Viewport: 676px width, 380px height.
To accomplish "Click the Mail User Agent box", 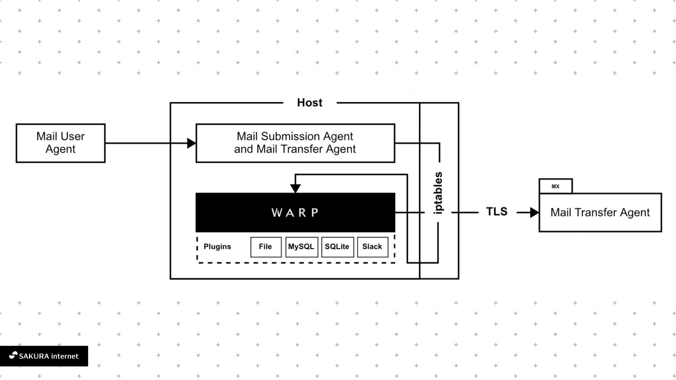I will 61,143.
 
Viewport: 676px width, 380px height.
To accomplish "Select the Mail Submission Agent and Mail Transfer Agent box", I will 295,143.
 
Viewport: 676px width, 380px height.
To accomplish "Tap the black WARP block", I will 295,212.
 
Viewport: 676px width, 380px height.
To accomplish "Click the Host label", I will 309,102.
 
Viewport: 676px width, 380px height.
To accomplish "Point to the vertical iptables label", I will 438,193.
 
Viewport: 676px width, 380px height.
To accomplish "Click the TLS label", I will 496,211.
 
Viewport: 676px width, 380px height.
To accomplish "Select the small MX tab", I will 555,186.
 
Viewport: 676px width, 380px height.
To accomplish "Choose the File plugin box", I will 265,247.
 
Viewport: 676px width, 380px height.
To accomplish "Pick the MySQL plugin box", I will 301,247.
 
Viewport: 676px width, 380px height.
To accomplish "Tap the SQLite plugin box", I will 337,247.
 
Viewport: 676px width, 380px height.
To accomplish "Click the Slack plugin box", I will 372,247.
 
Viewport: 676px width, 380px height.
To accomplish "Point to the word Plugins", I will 217,247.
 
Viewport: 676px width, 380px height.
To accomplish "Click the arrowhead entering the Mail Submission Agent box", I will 192,143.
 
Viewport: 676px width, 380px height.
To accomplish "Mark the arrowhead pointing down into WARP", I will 295,189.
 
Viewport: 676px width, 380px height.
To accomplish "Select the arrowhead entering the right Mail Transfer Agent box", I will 534,213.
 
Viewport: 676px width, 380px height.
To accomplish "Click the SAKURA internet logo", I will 44,356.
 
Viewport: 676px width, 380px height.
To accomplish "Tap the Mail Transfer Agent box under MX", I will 600,213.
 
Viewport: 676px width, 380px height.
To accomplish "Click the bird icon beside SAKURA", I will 13,355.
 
